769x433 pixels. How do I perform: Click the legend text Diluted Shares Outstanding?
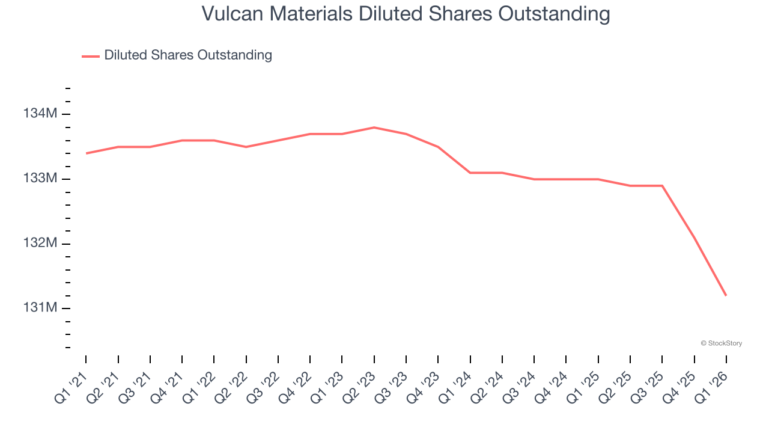[188, 55]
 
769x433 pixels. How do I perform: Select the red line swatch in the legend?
[91, 56]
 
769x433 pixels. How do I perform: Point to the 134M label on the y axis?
[40, 114]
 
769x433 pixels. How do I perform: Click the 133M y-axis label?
[40, 179]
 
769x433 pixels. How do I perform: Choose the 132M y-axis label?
[40, 243]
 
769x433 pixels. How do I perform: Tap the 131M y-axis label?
[40, 308]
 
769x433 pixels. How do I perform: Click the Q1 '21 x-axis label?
[71, 385]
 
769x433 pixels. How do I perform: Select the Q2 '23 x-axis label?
[359, 385]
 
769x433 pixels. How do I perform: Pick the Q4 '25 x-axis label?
[679, 385]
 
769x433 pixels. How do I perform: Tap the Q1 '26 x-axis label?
[711, 385]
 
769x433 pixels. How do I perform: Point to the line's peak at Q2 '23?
[374, 127]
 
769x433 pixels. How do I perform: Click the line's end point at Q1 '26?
[726, 295]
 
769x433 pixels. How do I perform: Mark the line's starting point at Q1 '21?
[87, 153]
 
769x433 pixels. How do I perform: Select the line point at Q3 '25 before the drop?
[662, 186]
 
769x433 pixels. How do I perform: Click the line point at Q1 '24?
[470, 173]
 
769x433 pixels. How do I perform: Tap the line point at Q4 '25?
[694, 238]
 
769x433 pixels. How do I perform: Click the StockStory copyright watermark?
[721, 343]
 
